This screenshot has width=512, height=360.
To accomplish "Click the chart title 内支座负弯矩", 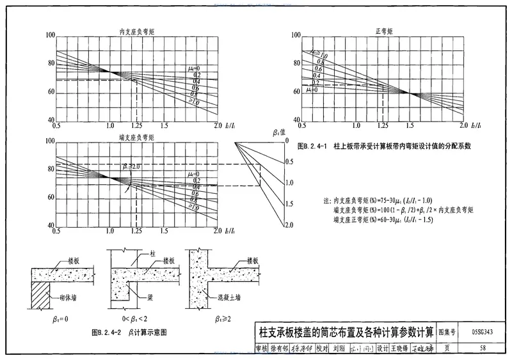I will [136, 31].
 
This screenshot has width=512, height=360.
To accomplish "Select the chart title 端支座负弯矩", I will [136, 136].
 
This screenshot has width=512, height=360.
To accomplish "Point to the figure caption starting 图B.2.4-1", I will [385, 146].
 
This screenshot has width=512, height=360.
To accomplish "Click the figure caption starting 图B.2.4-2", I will [129, 332].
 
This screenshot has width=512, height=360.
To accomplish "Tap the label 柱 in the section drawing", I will [153, 254].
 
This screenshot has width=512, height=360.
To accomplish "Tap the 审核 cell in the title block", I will [261, 348].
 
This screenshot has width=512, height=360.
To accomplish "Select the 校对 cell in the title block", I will [321, 348].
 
